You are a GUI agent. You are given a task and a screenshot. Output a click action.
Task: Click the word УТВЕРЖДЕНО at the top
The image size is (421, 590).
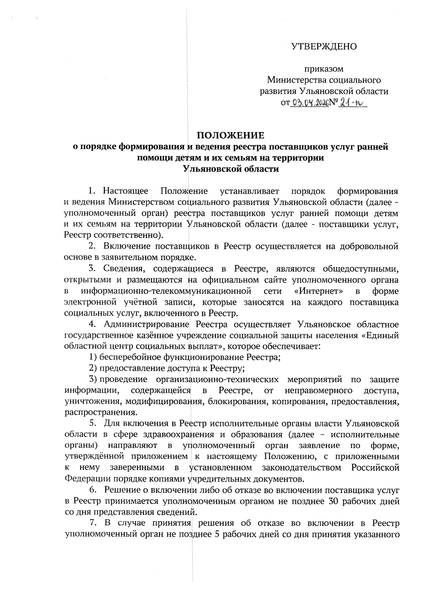click(324, 47)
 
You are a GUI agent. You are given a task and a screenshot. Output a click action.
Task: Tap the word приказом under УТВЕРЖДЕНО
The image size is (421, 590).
click(323, 69)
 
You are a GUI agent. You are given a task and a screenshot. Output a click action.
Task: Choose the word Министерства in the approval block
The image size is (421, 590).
click(298, 80)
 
